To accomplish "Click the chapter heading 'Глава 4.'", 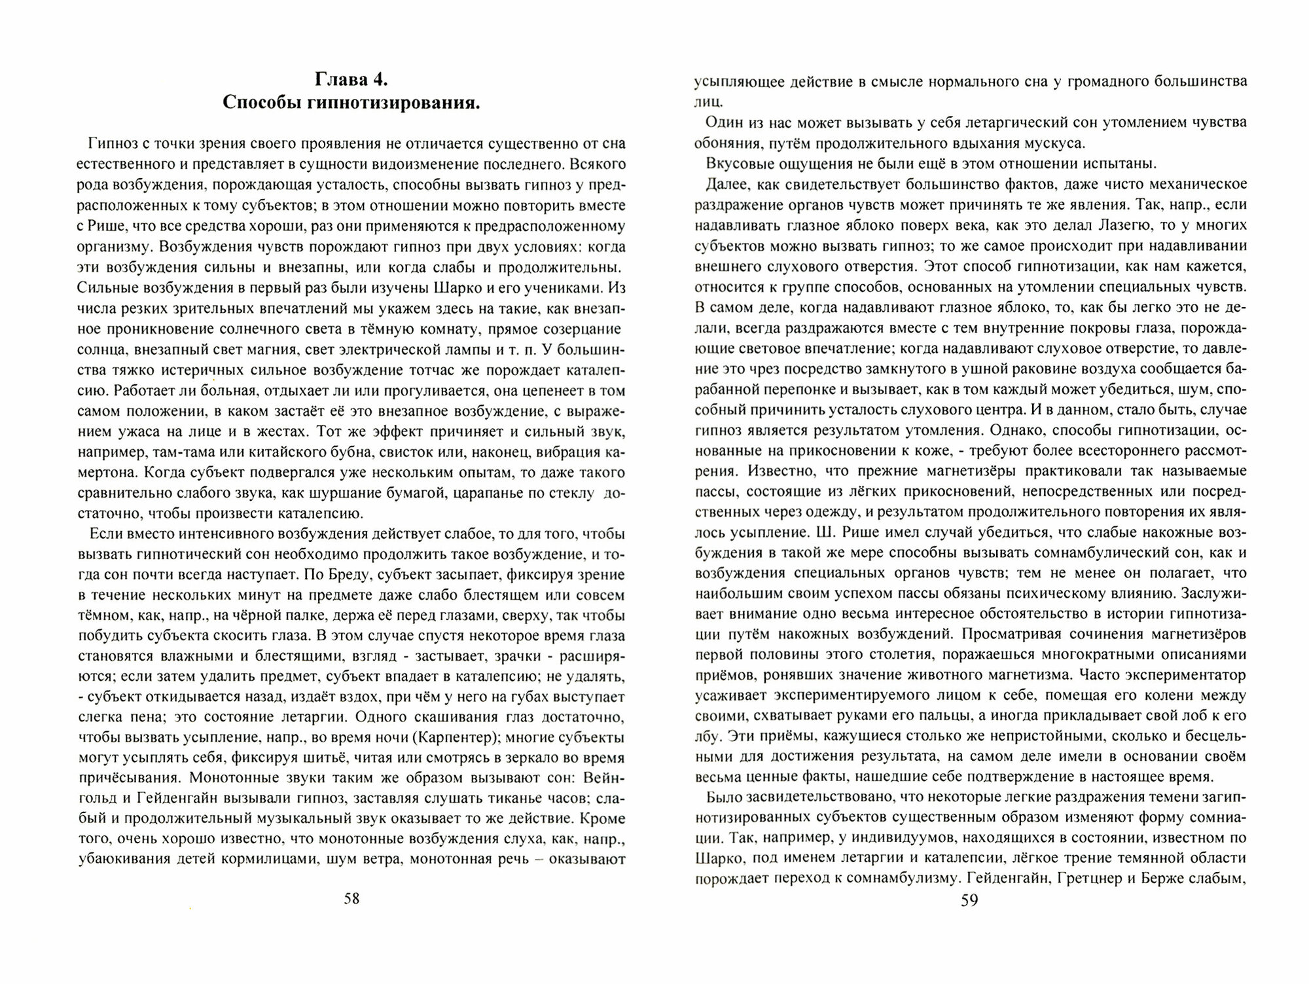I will point(351,80).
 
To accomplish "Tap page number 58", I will point(351,898).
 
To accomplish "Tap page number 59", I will point(969,900).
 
